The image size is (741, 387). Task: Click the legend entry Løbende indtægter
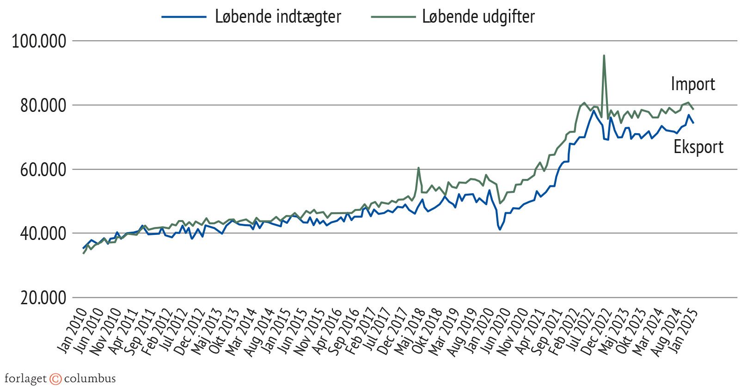click(278, 17)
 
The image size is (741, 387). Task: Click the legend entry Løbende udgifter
click(478, 17)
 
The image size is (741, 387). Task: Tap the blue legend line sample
click(184, 17)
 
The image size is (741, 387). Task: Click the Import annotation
click(692, 84)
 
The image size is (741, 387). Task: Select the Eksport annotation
click(698, 147)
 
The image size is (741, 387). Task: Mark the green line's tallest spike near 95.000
click(604, 56)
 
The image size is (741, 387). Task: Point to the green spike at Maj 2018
click(418, 168)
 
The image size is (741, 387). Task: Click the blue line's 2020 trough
click(500, 229)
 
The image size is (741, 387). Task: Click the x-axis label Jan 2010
click(73, 332)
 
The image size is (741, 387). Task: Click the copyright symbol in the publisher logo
click(55, 379)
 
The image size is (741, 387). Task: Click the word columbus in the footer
click(90, 379)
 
